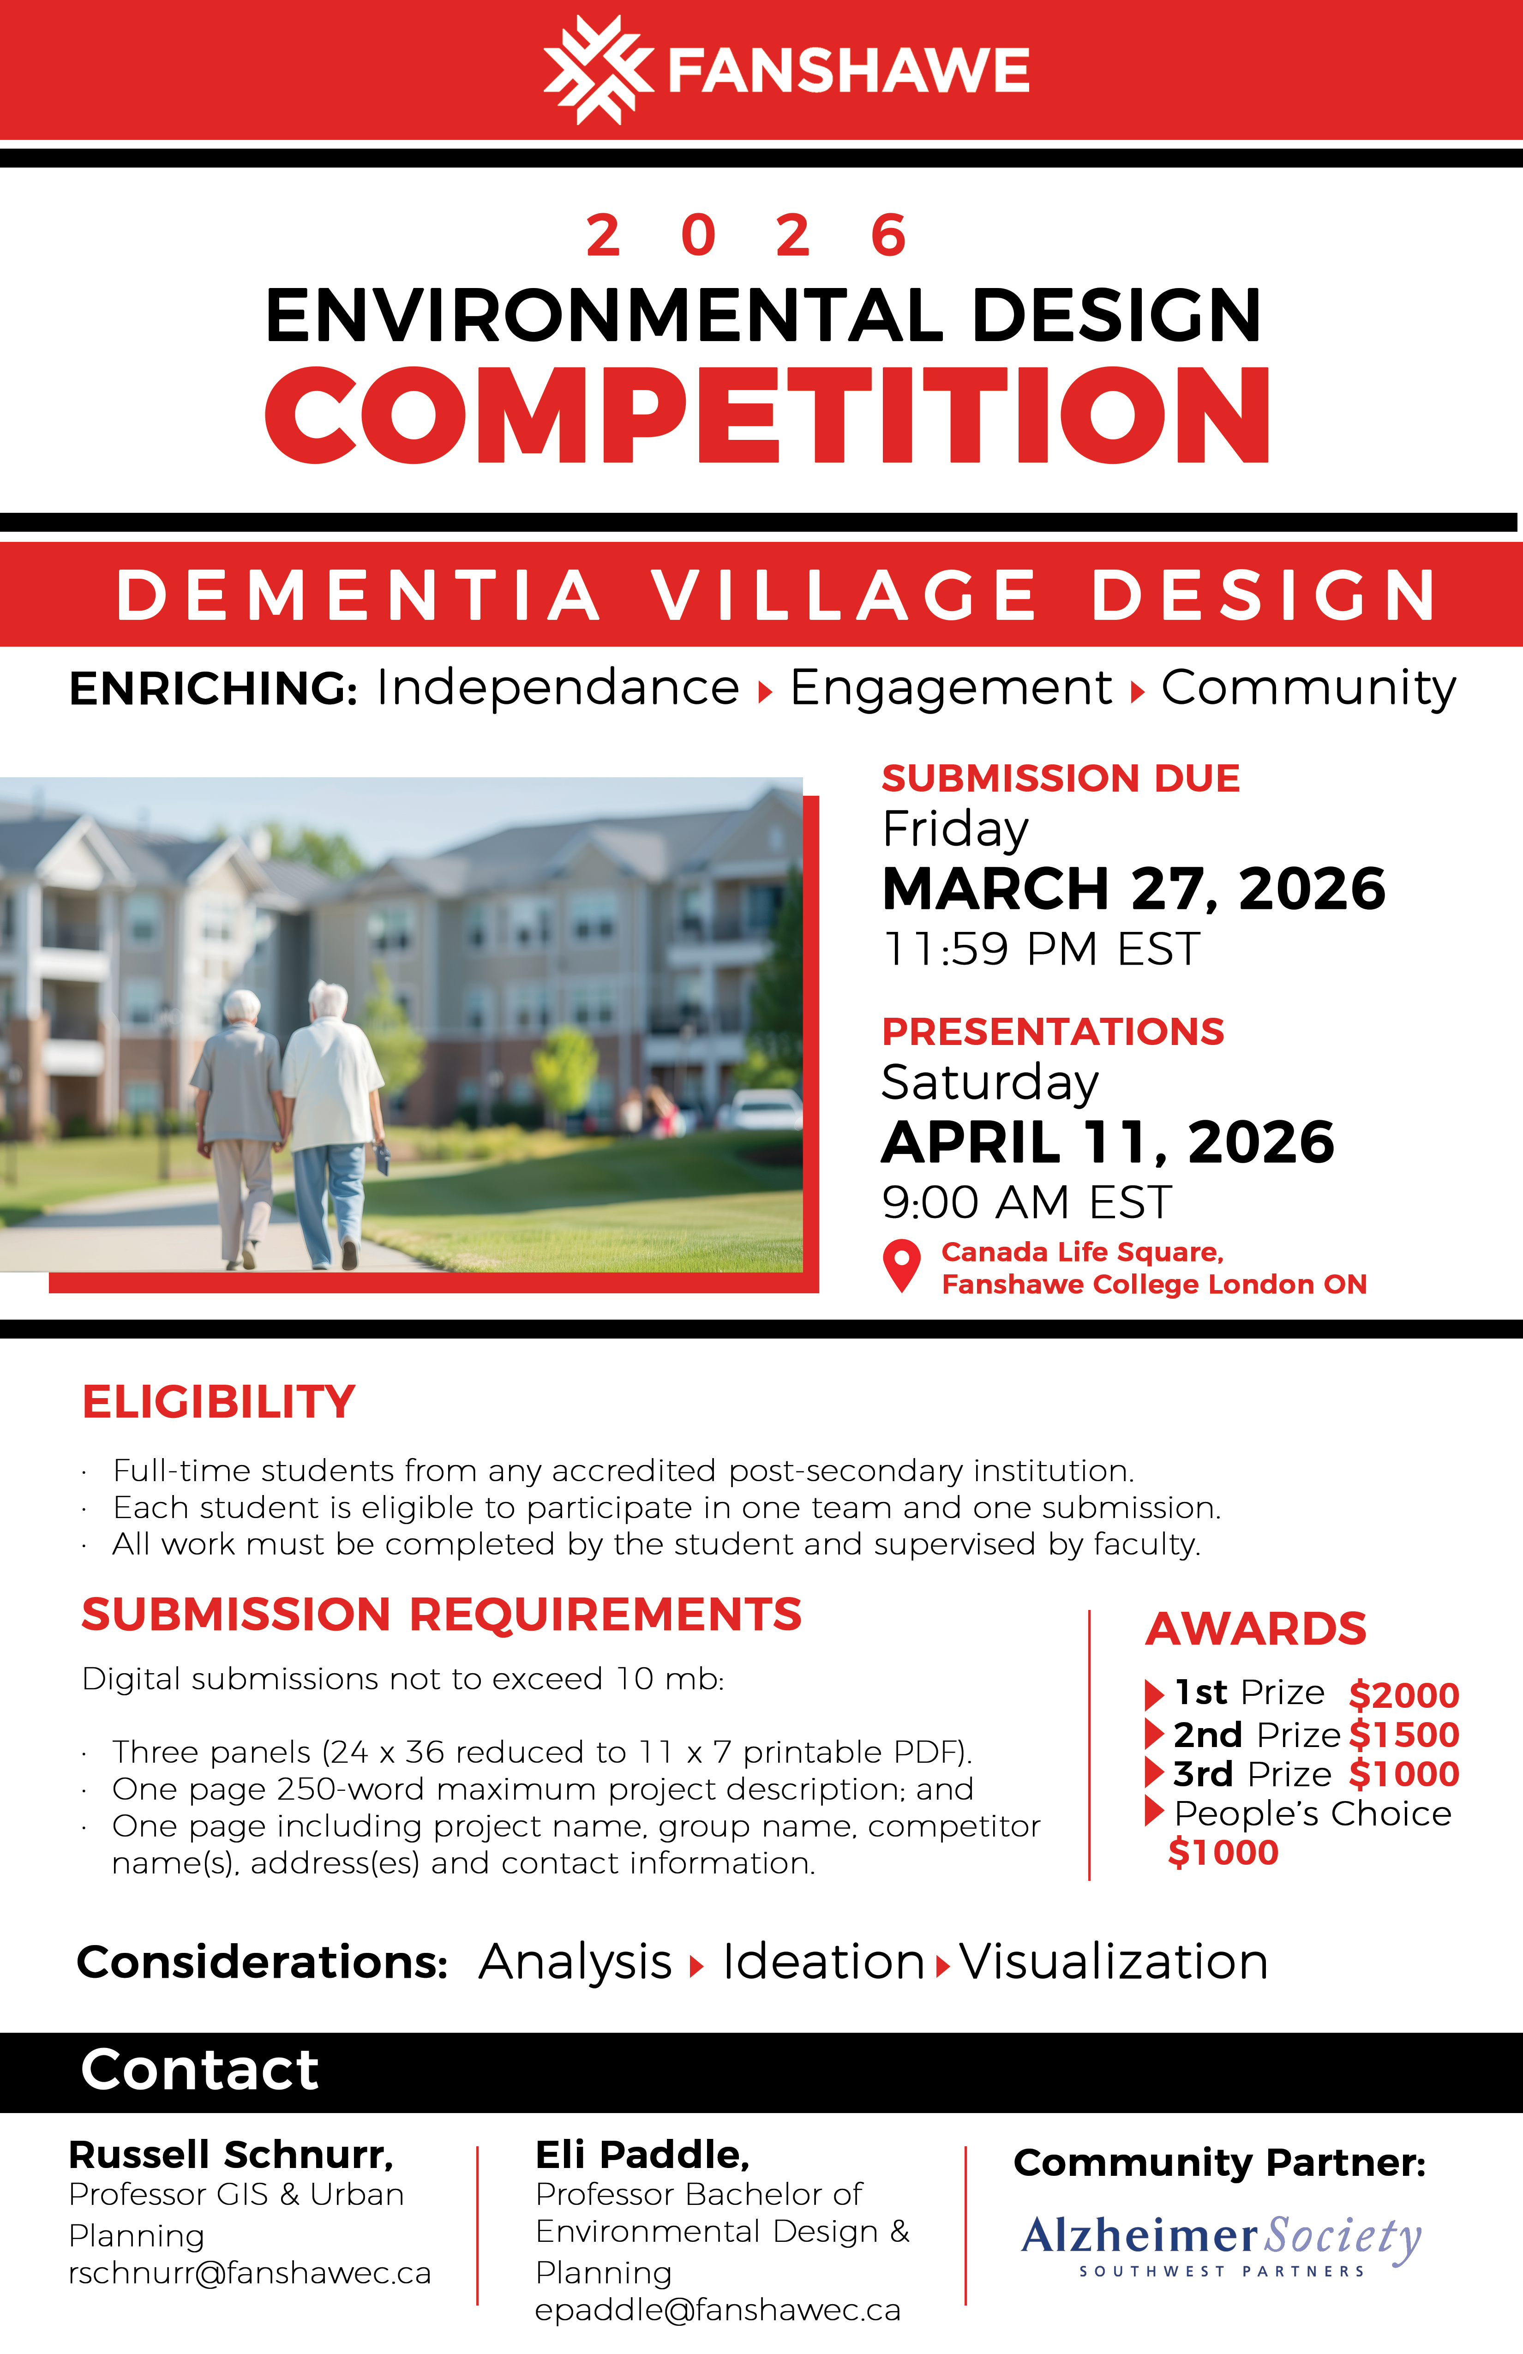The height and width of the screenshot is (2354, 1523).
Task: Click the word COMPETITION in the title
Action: tap(767, 415)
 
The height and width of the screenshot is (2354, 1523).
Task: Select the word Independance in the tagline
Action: tap(557, 687)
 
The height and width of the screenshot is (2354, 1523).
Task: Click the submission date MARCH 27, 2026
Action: tap(1133, 888)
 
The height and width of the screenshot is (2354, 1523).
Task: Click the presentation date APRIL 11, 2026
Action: tap(1108, 1142)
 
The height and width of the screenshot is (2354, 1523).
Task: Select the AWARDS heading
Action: tap(1255, 1629)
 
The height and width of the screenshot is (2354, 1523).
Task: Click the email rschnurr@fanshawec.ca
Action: tap(249, 2273)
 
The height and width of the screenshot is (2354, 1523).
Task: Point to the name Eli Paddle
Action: tap(642, 2154)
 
